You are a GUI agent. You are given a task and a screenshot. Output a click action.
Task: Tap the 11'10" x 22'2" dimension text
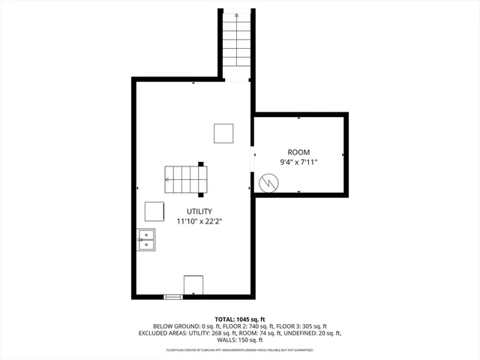click(199, 221)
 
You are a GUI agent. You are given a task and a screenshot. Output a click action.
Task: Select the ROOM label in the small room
click(298, 151)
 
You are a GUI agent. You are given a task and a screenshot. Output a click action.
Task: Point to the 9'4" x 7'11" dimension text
click(298, 162)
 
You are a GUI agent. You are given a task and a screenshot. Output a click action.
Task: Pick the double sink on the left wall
click(146, 240)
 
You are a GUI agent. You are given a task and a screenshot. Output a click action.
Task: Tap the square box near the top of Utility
click(223, 133)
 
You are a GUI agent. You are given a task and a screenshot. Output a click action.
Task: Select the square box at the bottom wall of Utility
click(193, 285)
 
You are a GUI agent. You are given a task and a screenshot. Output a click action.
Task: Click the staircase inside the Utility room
click(184, 178)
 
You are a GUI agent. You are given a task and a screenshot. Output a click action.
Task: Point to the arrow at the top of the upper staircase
click(237, 15)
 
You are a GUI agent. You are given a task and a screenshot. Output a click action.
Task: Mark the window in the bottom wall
click(173, 297)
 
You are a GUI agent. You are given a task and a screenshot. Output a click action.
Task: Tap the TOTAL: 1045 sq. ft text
click(240, 319)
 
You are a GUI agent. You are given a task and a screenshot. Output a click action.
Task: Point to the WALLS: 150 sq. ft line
click(240, 340)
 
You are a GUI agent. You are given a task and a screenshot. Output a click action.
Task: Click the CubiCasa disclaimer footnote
click(240, 349)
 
